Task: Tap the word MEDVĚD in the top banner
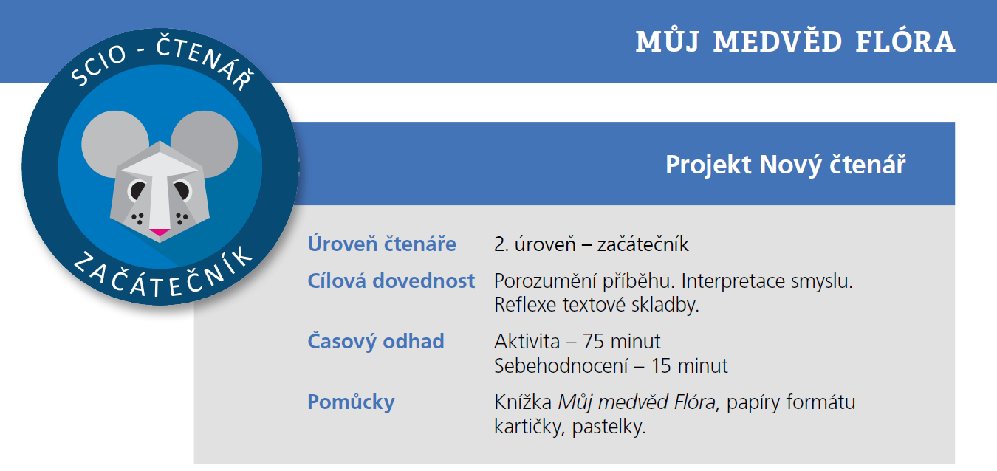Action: click(x=778, y=42)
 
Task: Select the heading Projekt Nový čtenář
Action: click(x=785, y=165)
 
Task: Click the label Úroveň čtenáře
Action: click(x=382, y=244)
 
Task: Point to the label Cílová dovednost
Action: click(x=391, y=281)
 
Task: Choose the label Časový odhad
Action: click(x=376, y=342)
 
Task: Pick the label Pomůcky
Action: click(x=351, y=402)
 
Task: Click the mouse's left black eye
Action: click(x=138, y=191)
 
